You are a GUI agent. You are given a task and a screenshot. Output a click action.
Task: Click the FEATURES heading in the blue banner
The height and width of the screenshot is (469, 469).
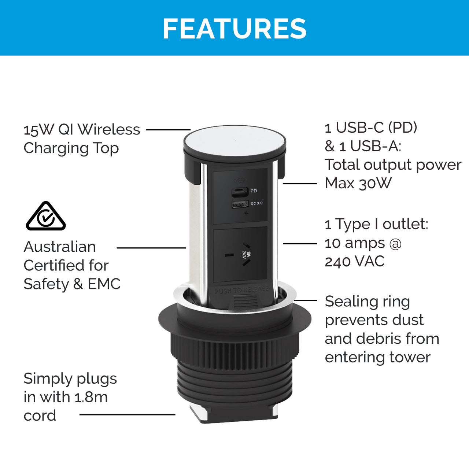pyautogui.click(x=234, y=29)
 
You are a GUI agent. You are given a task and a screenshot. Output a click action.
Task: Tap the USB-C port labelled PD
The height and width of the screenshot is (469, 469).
pyautogui.click(x=240, y=192)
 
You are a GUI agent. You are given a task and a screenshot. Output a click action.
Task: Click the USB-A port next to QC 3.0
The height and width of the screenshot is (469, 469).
pyautogui.click(x=240, y=204)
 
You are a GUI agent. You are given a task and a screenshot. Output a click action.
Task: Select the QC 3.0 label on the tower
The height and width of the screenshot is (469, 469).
pyautogui.click(x=256, y=203)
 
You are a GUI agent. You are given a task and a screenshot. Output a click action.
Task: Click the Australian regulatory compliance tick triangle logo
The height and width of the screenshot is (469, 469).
pyautogui.click(x=46, y=216)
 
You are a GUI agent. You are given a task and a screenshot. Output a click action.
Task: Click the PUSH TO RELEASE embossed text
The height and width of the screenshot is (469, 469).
pyautogui.click(x=242, y=290)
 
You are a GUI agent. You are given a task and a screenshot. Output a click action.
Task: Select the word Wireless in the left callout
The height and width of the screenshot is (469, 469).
pyautogui.click(x=109, y=129)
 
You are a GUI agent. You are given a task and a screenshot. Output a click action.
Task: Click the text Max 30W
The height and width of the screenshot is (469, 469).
pyautogui.click(x=358, y=183)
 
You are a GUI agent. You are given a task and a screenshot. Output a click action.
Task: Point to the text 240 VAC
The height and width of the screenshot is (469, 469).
pyautogui.click(x=355, y=261)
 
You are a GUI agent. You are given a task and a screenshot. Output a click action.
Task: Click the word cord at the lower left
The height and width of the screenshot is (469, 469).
pyautogui.click(x=40, y=416)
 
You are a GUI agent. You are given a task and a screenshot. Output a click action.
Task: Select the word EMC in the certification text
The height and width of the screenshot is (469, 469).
pyautogui.click(x=104, y=284)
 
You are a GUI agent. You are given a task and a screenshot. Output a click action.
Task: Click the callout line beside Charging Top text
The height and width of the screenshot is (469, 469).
pyautogui.click(x=168, y=130)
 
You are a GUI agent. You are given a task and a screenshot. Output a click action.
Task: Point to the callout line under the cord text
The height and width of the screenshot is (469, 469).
pyautogui.click(x=127, y=415)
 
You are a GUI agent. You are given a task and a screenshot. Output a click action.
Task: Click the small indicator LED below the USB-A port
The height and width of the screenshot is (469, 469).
pyautogui.click(x=246, y=213)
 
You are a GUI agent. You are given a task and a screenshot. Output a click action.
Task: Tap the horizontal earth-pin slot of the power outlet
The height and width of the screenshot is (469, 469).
pyautogui.click(x=229, y=255)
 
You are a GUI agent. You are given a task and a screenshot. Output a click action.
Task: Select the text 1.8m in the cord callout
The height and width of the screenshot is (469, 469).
pyautogui.click(x=91, y=397)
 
